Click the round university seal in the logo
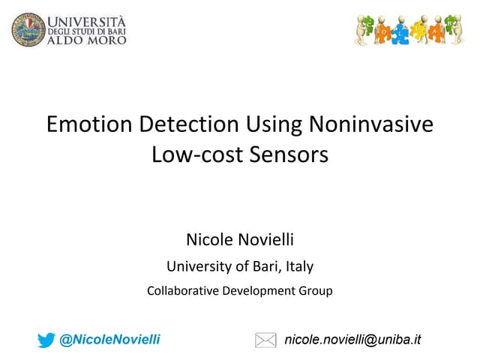[28, 28]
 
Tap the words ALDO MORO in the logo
[88, 38]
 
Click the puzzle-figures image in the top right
[408, 30]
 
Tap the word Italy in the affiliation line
[298, 265]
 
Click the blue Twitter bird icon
[46, 340]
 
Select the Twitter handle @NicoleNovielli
[110, 340]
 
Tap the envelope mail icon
[265, 340]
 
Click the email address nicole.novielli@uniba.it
[352, 340]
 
